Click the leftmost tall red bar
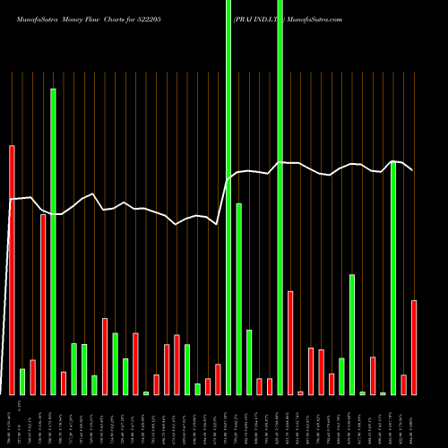(x=12, y=269)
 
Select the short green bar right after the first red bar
(x=22, y=381)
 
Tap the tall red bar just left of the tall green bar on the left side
(x=43, y=305)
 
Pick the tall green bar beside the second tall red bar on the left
(x=53, y=242)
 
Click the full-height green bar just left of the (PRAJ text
(x=228, y=197)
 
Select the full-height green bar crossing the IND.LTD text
(x=280, y=197)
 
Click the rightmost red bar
(x=414, y=347)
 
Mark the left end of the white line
(x=10, y=199)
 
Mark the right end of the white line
(x=412, y=170)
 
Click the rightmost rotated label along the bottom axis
(x=414, y=421)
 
